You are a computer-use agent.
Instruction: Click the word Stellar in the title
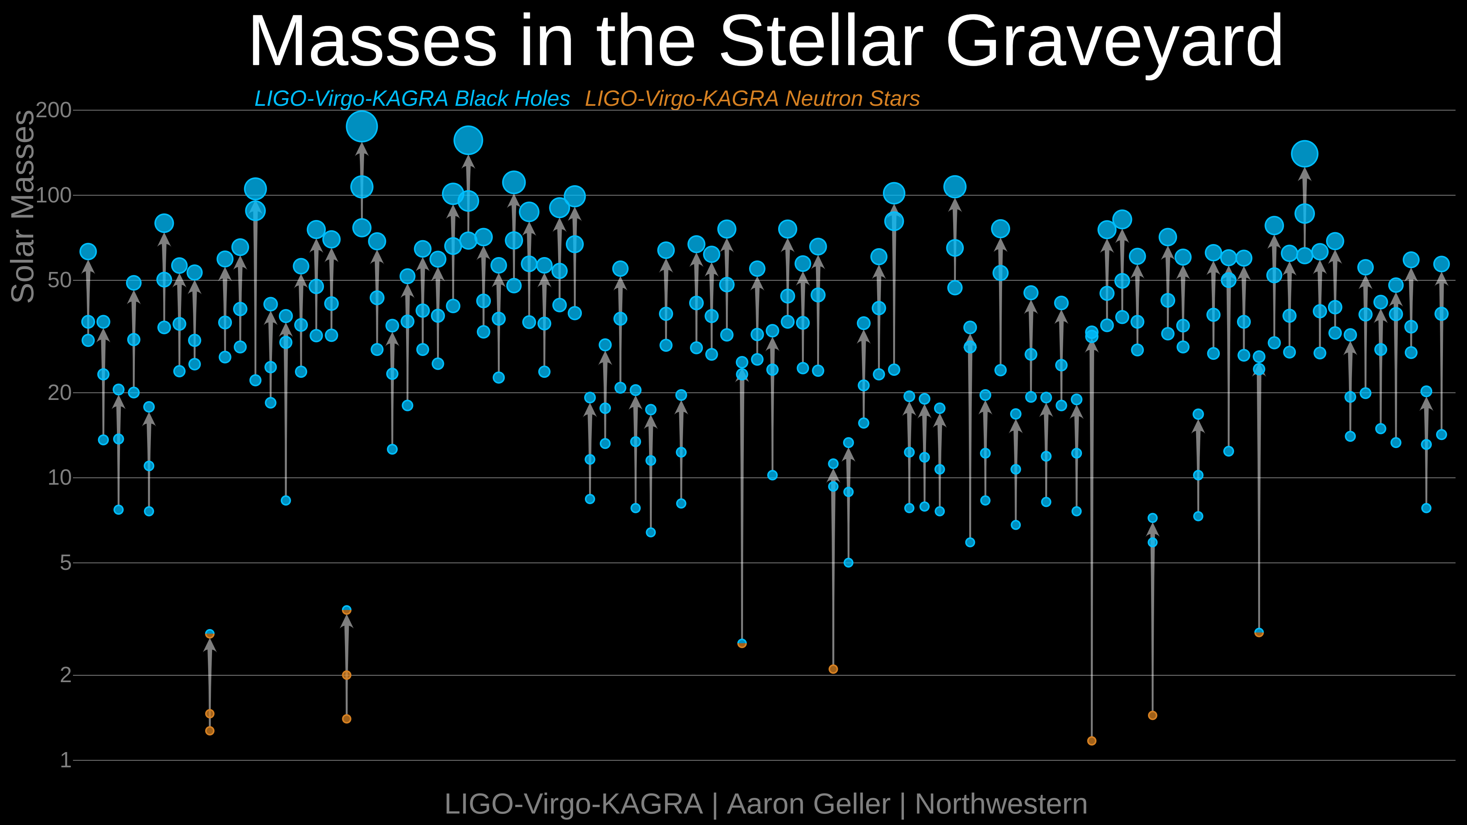point(821,41)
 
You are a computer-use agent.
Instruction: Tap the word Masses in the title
point(373,41)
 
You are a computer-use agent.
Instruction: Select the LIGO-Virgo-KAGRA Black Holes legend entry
point(412,99)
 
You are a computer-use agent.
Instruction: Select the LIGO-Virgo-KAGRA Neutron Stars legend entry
point(752,99)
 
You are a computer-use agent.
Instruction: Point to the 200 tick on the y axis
point(54,110)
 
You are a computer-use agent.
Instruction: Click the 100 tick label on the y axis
point(54,195)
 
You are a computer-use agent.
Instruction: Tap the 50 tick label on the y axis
point(60,280)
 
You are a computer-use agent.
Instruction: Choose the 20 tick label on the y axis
point(60,392)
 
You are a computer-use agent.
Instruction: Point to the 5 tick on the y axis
point(65,563)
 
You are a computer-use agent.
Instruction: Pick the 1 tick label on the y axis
point(65,760)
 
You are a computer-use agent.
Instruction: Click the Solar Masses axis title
point(23,206)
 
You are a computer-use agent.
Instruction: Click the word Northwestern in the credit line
point(1001,804)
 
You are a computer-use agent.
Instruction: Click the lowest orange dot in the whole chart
point(1091,741)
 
